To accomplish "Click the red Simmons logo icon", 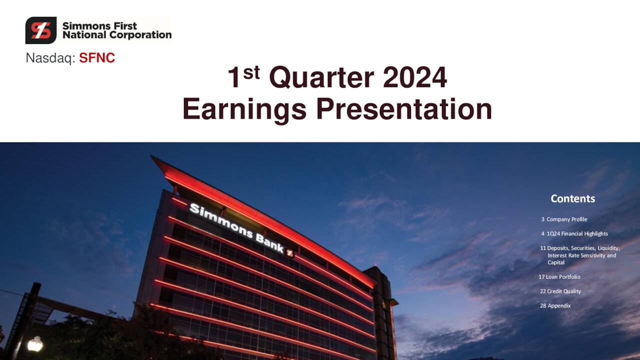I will (x=41, y=30).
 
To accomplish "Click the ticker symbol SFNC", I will (x=97, y=58).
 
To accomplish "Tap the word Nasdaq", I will (x=50, y=58).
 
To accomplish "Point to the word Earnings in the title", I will (x=244, y=109).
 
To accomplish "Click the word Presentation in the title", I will (x=404, y=109).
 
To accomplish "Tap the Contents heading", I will (x=572, y=198).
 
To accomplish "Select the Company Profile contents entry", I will (x=566, y=219).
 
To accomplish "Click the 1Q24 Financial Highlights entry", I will (x=577, y=233).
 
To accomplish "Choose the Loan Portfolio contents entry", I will (x=562, y=276).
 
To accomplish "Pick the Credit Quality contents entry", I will (x=563, y=291).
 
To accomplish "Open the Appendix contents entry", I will (x=558, y=305).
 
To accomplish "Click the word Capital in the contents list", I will (x=556, y=262).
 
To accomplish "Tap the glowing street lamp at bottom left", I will (x=34, y=343).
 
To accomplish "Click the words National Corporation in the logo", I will (x=116, y=35).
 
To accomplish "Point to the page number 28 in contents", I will (x=543, y=305).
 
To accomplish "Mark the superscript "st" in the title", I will (x=251, y=72).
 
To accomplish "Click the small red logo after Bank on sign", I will (x=289, y=253).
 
